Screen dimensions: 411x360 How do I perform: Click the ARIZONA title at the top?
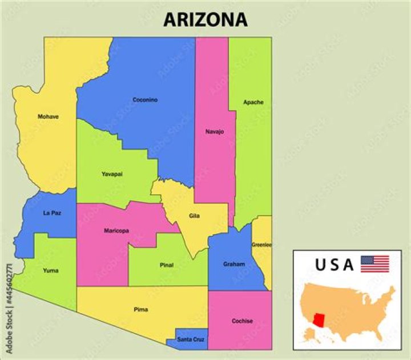coord(205,20)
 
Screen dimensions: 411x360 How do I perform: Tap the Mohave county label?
coord(48,117)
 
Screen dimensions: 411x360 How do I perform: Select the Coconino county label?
coord(145,100)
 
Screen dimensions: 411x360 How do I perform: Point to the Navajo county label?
coord(215,132)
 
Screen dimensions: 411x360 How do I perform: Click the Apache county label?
coord(253,102)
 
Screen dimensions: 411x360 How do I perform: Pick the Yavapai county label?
coord(112,174)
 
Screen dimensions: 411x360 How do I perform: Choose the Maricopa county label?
coord(116,231)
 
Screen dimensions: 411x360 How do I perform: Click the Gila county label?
coord(195,216)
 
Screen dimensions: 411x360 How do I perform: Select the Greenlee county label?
coord(261,245)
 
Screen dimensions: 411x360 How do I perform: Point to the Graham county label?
coord(234,264)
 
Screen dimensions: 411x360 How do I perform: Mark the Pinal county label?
coord(167,266)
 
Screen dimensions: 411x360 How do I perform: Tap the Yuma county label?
coord(50,271)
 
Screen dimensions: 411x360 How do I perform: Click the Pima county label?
coord(140,310)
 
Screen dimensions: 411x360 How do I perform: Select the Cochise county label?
coord(242,321)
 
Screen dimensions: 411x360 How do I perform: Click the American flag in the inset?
coord(375,264)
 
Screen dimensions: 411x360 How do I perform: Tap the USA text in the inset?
coord(335,265)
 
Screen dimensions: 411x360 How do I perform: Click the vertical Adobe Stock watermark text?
coord(8,309)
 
